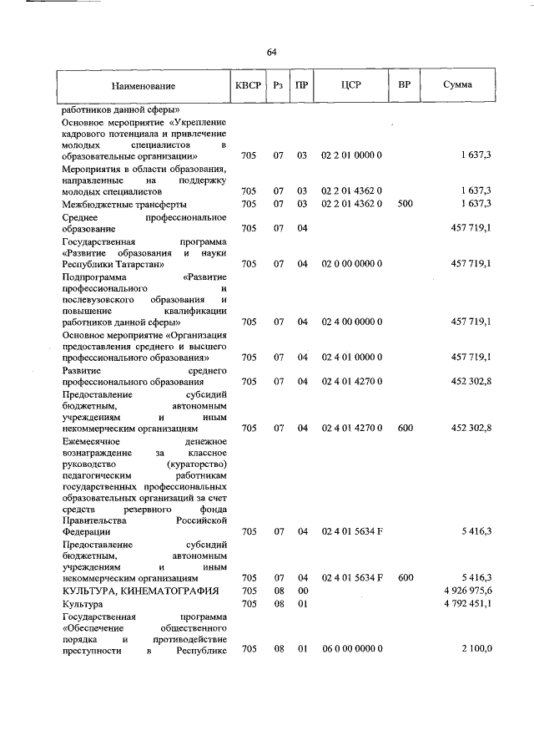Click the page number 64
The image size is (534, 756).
point(271,53)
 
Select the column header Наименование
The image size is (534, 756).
point(143,85)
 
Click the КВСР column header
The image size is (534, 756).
point(249,85)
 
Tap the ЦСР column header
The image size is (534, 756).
point(351,85)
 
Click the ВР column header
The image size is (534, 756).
point(405,85)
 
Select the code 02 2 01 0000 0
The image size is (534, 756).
point(351,156)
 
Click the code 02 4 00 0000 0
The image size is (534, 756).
point(351,322)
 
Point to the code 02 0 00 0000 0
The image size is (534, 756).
point(351,263)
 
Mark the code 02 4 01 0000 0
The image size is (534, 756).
point(351,358)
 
